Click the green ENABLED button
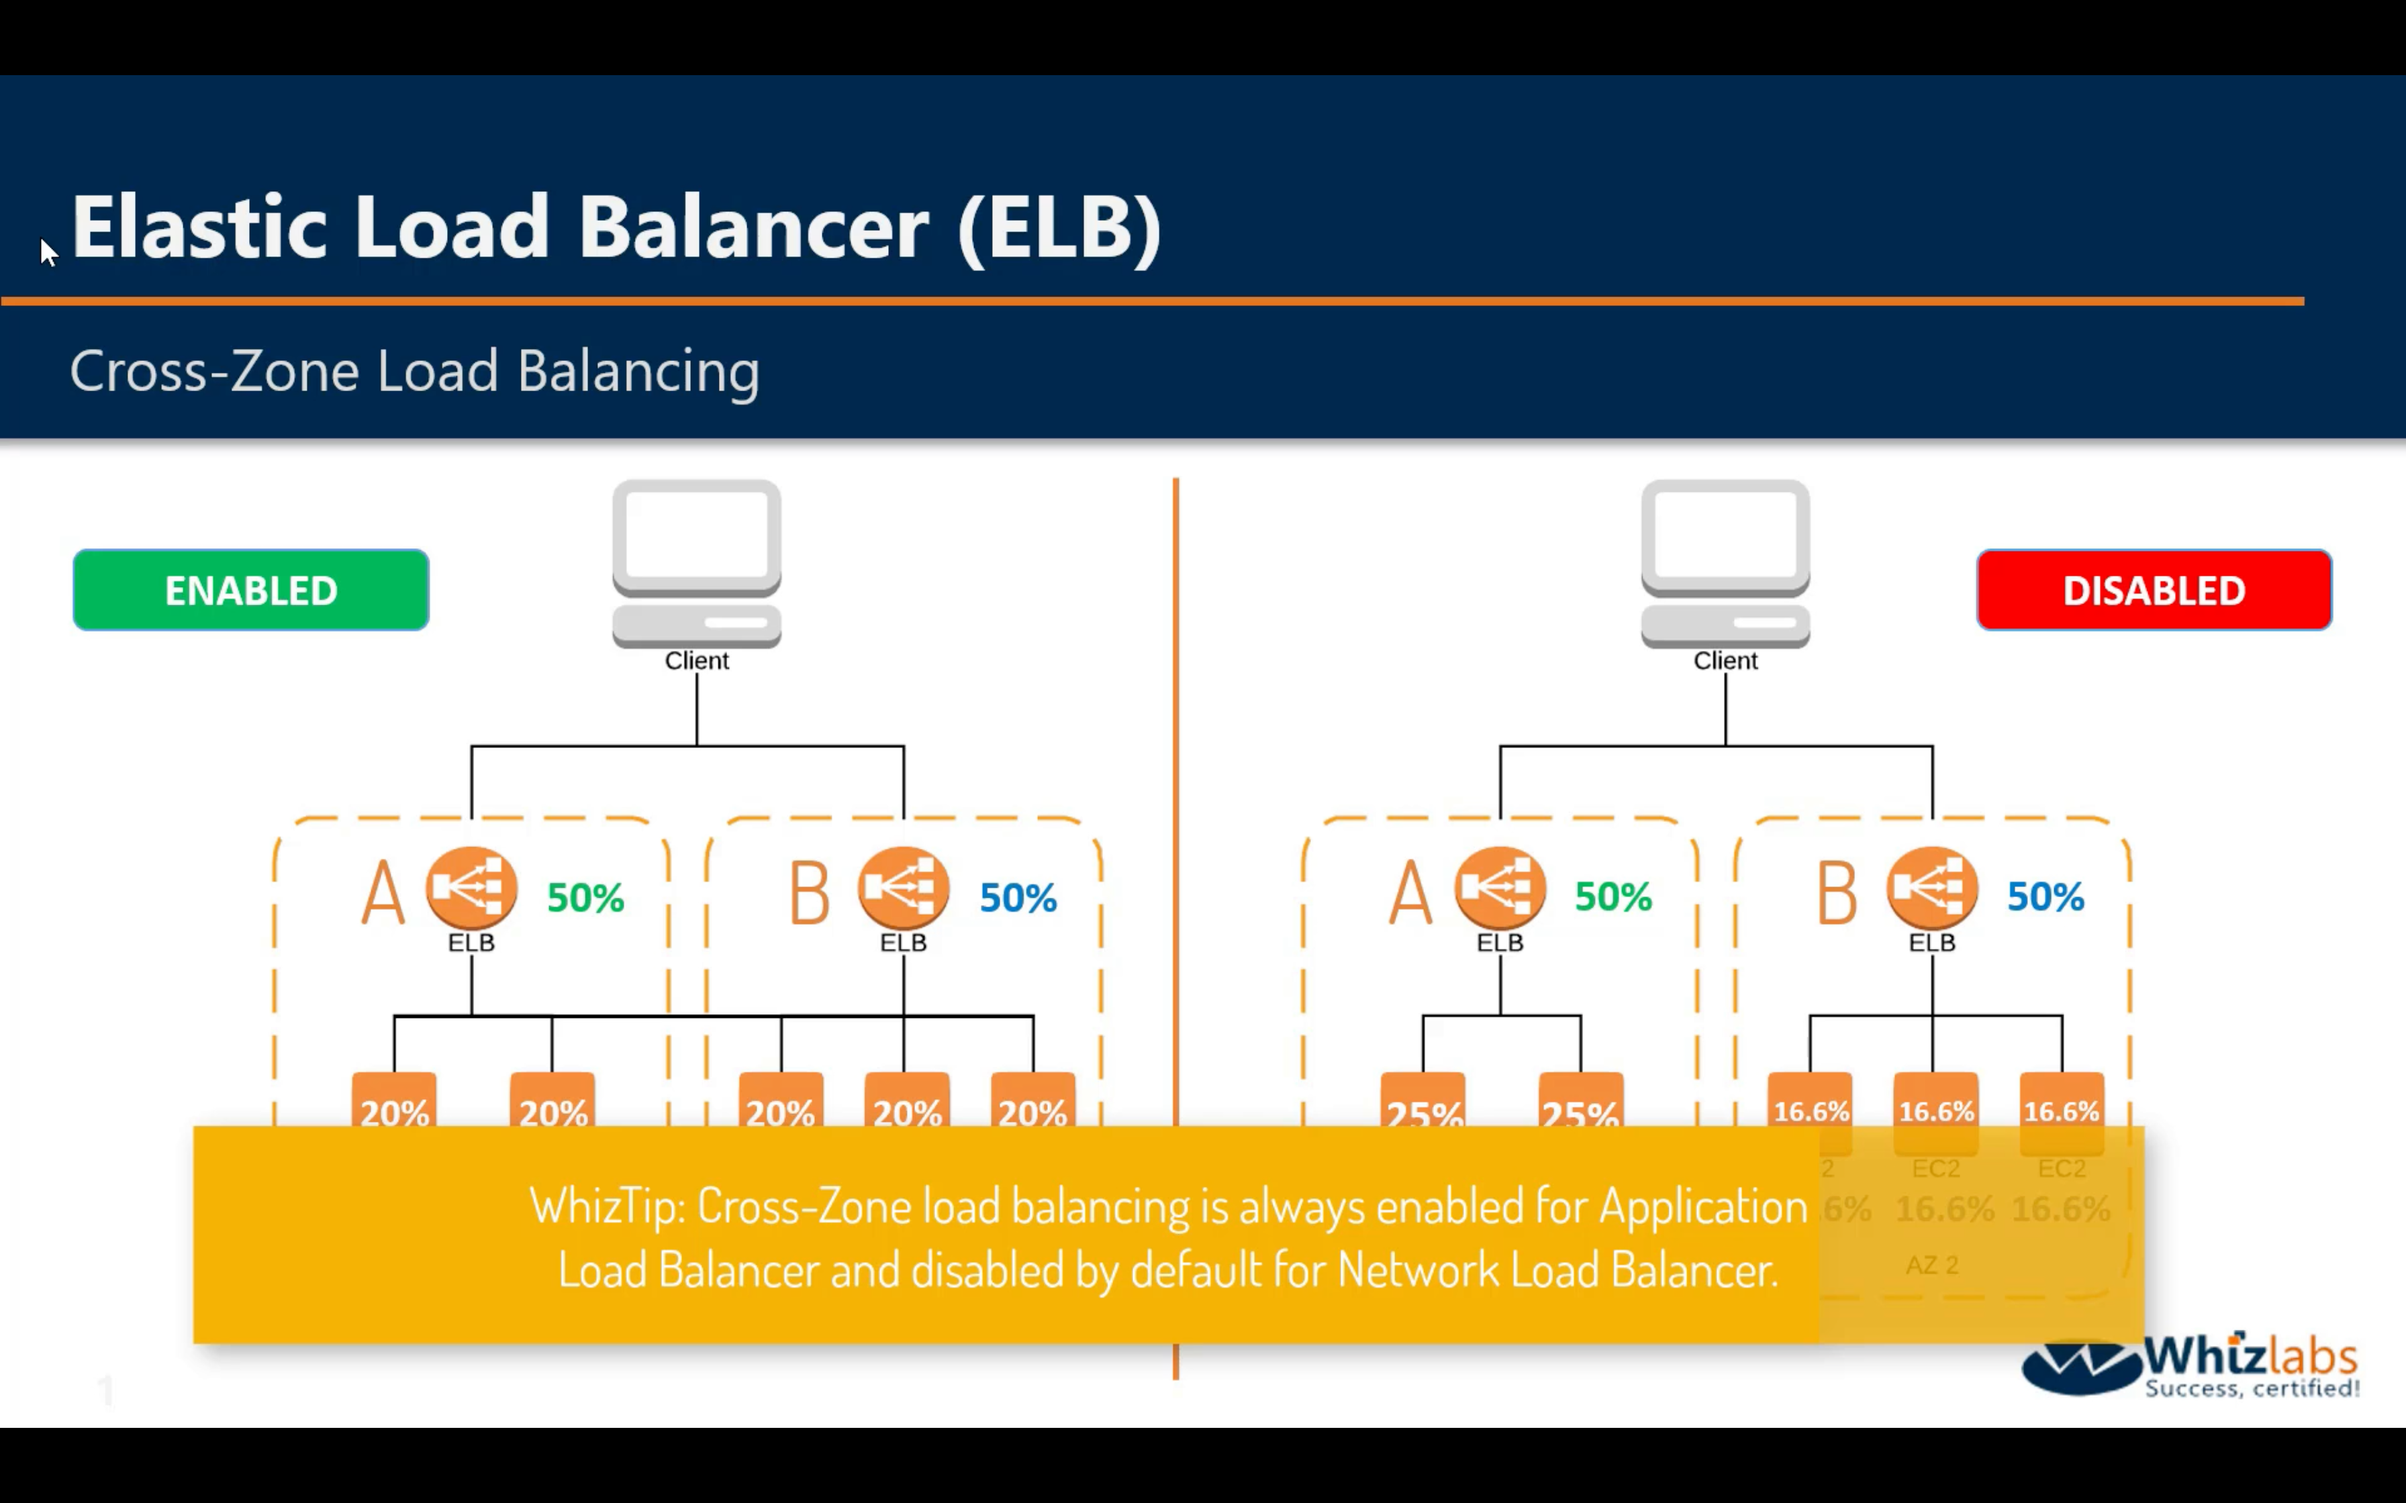click(250, 590)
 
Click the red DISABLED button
click(2154, 590)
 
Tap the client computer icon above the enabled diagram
click(696, 563)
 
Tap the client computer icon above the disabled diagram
click(1725, 563)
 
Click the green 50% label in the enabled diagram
click(585, 898)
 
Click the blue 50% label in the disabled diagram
click(2045, 896)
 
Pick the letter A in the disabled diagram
click(1411, 892)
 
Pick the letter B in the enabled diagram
click(810, 892)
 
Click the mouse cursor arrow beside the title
click(48, 252)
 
